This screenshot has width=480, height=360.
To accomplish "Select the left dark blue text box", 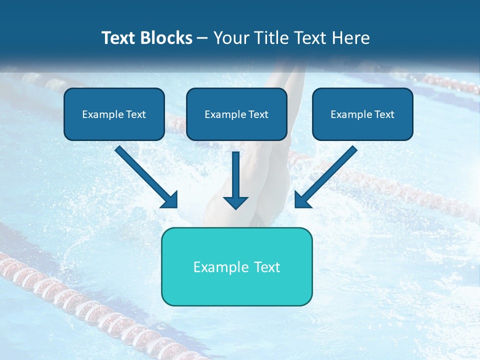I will click(114, 114).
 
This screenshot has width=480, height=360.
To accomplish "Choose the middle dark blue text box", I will click(236, 114).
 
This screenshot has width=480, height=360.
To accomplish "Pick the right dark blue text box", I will click(362, 114).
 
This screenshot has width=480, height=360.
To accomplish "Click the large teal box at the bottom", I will click(236, 266).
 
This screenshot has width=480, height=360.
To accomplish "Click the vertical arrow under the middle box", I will click(235, 177).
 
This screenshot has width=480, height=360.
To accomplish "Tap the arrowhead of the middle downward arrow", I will click(235, 201).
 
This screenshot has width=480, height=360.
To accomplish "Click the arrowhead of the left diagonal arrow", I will click(170, 200).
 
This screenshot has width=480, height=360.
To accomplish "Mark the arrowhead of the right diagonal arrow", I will click(302, 200).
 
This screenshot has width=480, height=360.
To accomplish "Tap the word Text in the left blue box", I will click(135, 114).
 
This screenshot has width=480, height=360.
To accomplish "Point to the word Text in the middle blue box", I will click(258, 114).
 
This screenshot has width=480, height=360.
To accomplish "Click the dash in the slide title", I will click(202, 38).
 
